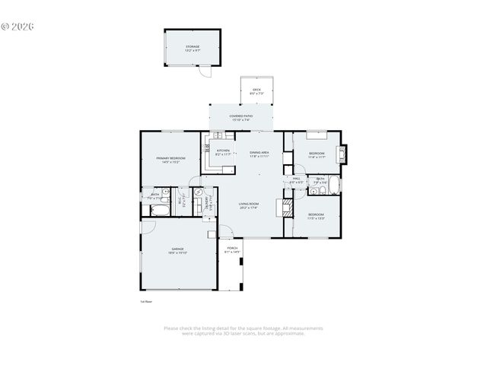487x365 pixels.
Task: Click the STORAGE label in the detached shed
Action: click(193, 48)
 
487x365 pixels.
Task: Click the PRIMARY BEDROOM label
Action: click(168, 160)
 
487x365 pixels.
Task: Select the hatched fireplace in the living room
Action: click(288, 206)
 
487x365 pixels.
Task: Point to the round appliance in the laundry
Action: click(198, 192)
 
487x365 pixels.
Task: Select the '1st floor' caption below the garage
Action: click(147, 301)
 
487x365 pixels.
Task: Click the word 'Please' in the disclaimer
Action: click(170, 328)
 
